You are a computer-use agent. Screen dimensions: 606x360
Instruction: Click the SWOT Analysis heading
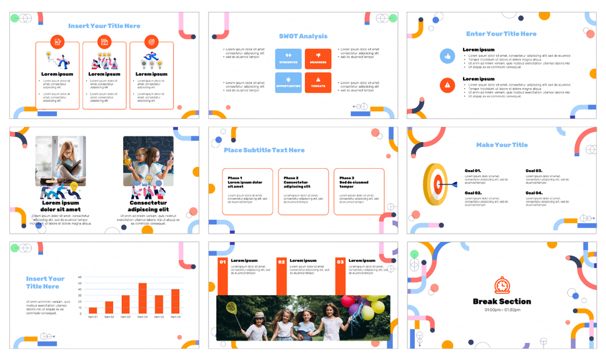[x=303, y=36]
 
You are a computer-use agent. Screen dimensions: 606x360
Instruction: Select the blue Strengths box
[x=288, y=58]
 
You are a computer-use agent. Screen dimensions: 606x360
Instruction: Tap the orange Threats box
[x=318, y=82]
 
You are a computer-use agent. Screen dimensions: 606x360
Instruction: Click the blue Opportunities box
[x=288, y=82]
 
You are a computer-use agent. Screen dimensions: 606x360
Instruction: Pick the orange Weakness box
[x=318, y=58]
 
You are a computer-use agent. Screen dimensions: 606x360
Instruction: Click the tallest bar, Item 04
[x=142, y=298]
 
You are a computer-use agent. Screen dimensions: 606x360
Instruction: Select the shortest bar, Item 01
[x=93, y=310]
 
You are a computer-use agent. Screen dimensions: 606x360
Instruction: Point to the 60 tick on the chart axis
[x=79, y=277]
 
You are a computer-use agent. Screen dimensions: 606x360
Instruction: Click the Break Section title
[x=502, y=301]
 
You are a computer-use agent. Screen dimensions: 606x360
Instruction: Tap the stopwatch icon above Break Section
[x=502, y=286]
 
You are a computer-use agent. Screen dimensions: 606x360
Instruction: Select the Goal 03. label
[x=534, y=171]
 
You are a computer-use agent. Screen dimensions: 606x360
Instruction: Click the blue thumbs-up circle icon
[x=447, y=56]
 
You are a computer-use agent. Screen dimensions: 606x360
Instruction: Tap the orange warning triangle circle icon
[x=447, y=85]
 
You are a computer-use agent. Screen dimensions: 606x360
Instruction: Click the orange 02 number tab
[x=282, y=262]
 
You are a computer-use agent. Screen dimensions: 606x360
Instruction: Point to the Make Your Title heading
[x=502, y=145]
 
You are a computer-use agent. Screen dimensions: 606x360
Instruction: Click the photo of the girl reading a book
[x=61, y=161]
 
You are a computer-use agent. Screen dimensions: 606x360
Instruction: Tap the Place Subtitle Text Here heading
[x=264, y=150]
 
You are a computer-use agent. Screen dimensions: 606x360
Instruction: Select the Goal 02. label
[x=473, y=193]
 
